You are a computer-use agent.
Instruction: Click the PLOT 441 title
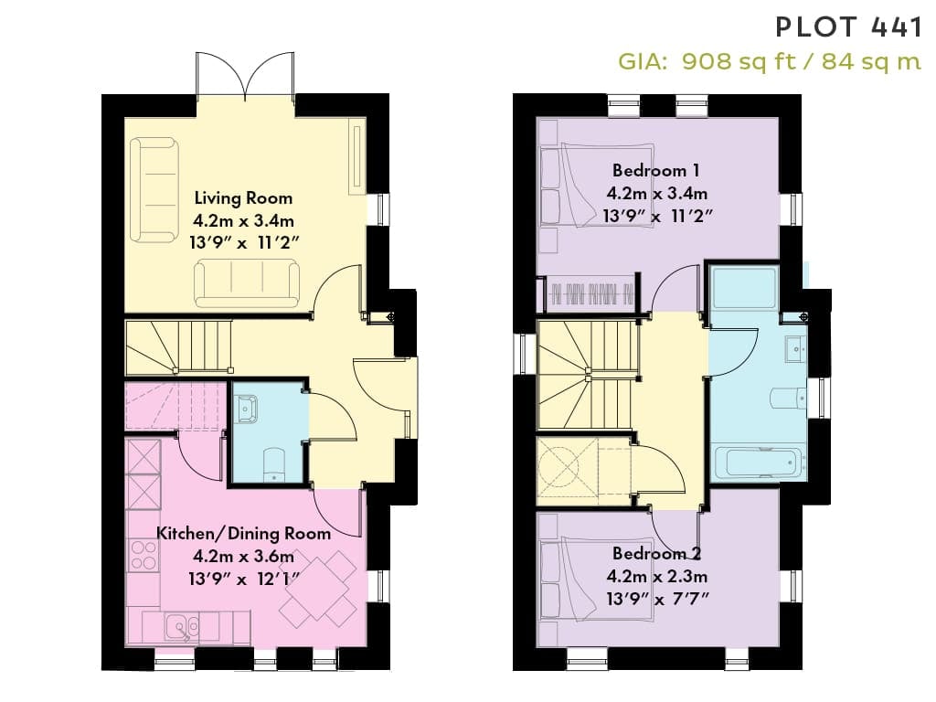coord(848,27)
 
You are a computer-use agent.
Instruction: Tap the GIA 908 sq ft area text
coord(770,61)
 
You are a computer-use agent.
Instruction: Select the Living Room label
coord(243,198)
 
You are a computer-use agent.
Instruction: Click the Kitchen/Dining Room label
coord(243,533)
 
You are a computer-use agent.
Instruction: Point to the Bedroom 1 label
coord(656,171)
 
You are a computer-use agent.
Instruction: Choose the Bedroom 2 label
coord(656,554)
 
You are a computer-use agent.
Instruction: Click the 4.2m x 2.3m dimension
coord(656,577)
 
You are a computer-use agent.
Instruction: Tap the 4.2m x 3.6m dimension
coord(243,557)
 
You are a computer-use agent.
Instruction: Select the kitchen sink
coord(183,627)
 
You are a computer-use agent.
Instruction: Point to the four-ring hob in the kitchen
coord(144,555)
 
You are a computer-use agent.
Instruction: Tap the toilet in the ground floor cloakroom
coord(274,463)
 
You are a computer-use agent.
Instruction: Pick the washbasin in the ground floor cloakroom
coord(246,409)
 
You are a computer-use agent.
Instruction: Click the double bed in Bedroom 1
coord(597,185)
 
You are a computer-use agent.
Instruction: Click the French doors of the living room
coord(245,76)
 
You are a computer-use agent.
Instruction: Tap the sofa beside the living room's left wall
coord(154,190)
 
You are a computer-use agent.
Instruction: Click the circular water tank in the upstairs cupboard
coord(559,467)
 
